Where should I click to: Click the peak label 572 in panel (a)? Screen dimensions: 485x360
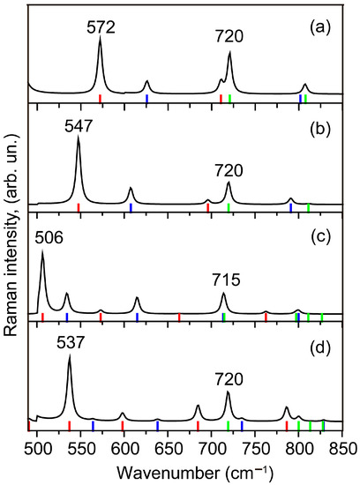coord(101,28)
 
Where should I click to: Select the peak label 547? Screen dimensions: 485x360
coord(79,127)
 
